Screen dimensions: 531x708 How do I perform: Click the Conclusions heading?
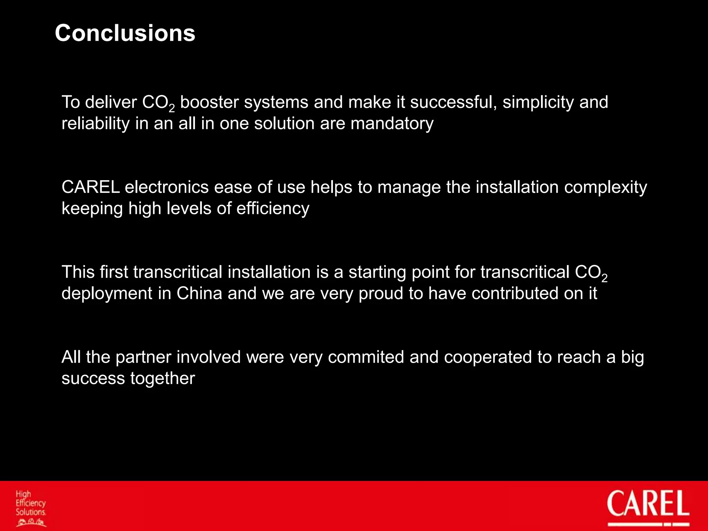coord(125,34)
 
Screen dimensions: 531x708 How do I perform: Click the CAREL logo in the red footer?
coord(648,505)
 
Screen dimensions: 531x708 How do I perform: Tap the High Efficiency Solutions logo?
coord(31,507)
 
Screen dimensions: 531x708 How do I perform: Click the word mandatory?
coord(392,124)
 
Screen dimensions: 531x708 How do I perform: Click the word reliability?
coord(95,124)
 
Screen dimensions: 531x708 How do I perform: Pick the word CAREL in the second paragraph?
coord(91,187)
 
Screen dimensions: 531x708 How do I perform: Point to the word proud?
coord(381,294)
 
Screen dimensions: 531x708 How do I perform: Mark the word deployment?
coord(107,294)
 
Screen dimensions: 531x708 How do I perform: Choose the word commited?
coord(366,357)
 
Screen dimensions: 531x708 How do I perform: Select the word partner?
coord(143,357)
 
